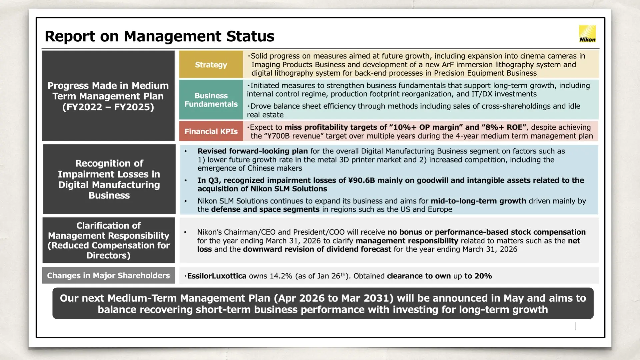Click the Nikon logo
click(x=587, y=34)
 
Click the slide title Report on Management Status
click(x=159, y=36)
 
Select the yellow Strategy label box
click(x=211, y=65)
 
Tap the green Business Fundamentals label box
click(x=211, y=100)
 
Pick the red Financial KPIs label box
click(x=211, y=131)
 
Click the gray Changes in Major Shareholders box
click(x=108, y=275)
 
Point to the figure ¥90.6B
click(x=361, y=180)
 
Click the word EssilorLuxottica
click(x=217, y=276)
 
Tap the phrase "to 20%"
click(x=478, y=276)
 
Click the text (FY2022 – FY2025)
click(x=108, y=107)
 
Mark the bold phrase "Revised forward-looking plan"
click(x=252, y=151)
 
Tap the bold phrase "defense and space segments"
click(x=265, y=209)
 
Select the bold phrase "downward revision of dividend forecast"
click(x=317, y=249)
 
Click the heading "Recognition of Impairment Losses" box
click(x=109, y=179)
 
